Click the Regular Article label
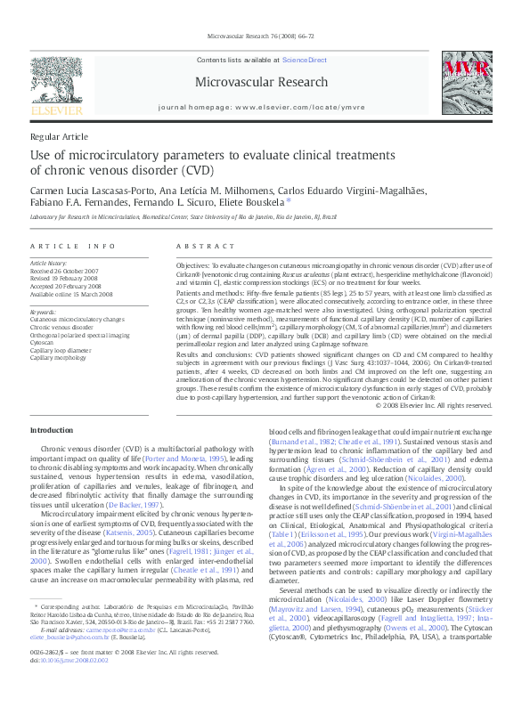pos(59,136)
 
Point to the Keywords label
pos(43,313)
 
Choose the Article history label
pos(49,264)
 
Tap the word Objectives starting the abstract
pos(192,265)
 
